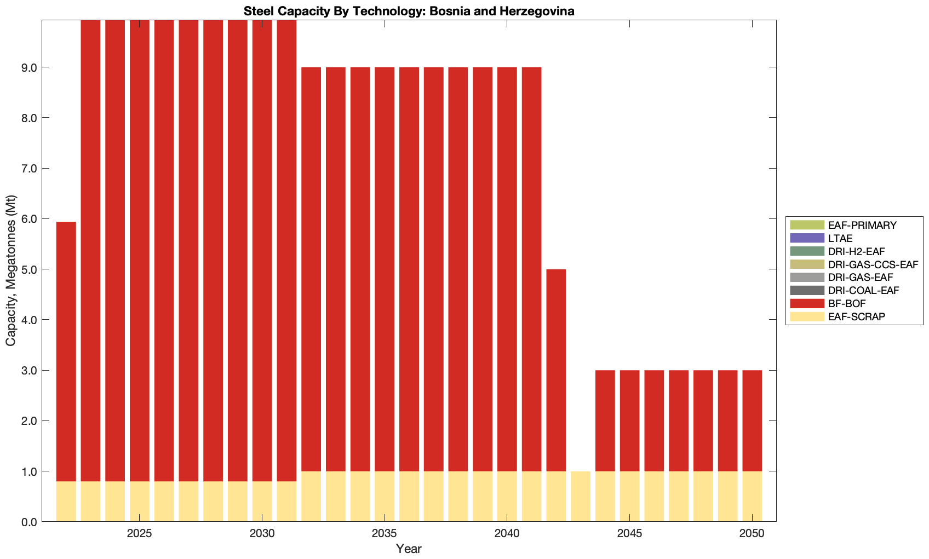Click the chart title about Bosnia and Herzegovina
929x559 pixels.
point(409,11)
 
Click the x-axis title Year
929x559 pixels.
point(409,549)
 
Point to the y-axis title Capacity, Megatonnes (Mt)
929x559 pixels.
point(11,270)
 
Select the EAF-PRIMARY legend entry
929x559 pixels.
point(862,225)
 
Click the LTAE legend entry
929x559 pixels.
point(840,238)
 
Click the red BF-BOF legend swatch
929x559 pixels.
point(807,303)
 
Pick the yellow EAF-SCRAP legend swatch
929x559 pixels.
point(807,316)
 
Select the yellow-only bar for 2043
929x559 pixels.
point(581,496)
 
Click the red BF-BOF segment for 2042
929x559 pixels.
point(556,370)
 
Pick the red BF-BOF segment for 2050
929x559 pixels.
point(752,420)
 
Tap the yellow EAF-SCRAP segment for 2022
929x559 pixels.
point(66,502)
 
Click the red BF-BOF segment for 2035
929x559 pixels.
point(385,269)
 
